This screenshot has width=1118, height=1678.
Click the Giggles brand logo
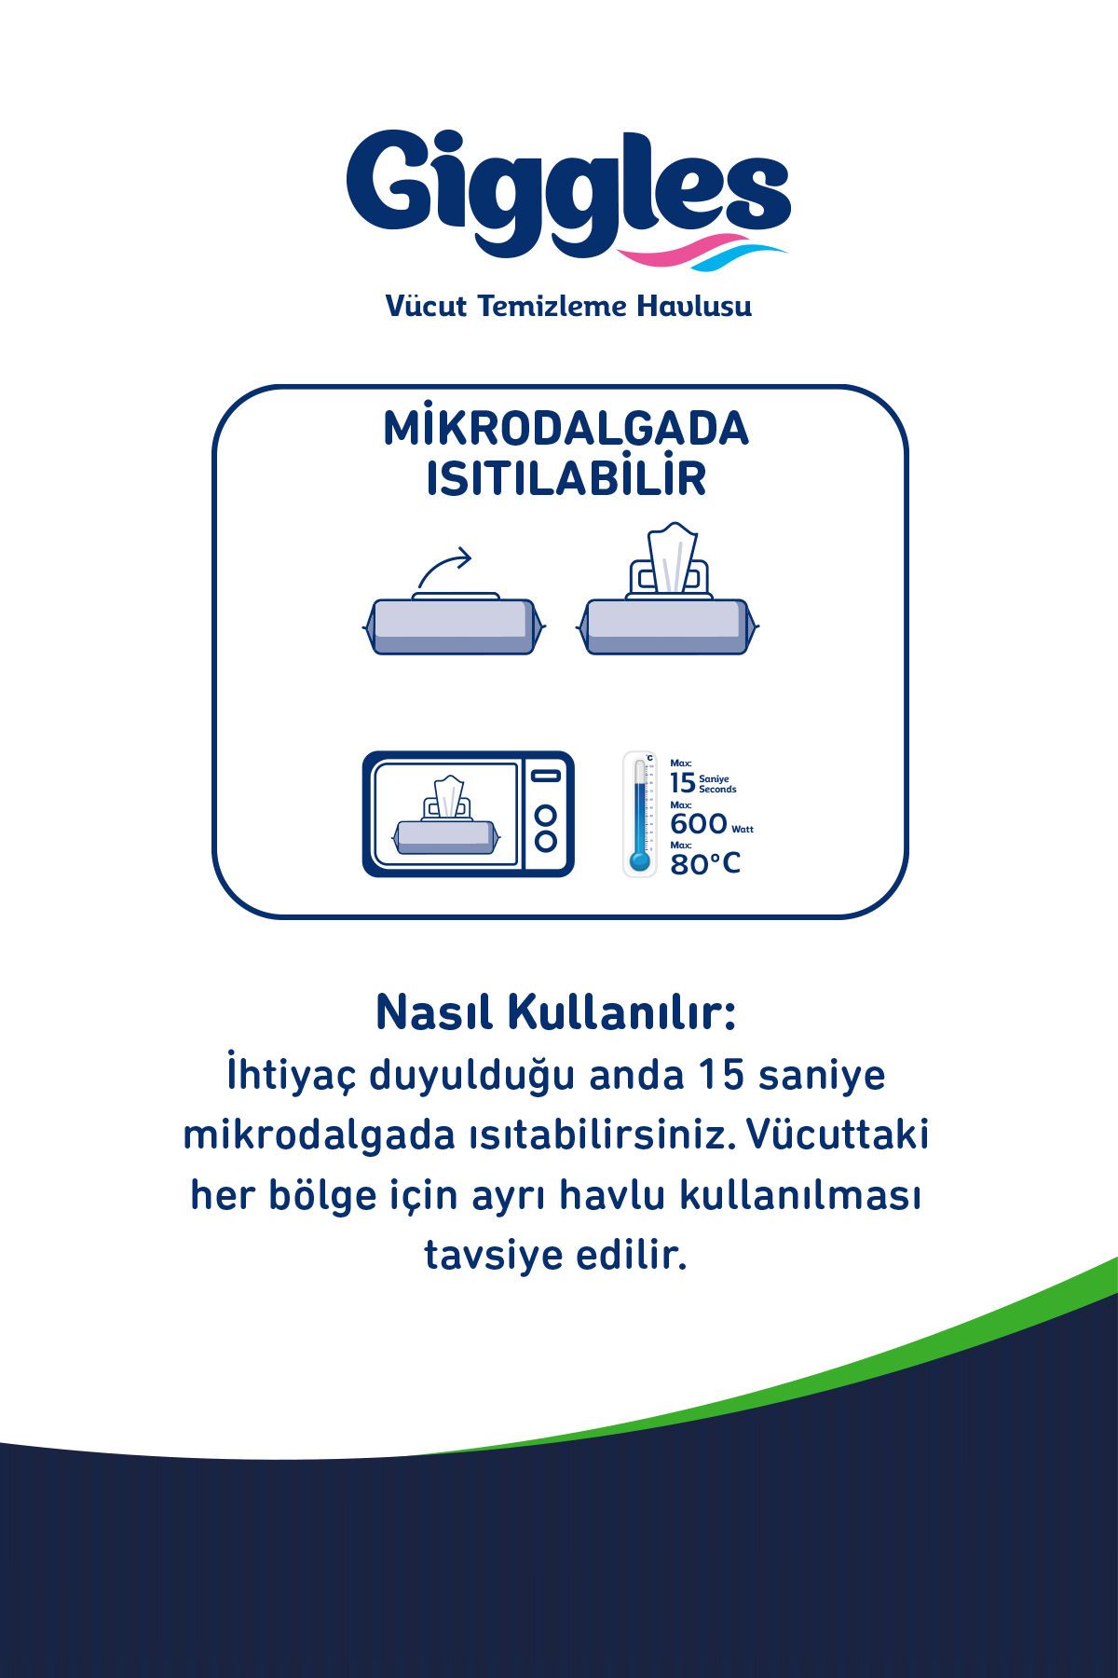click(568, 191)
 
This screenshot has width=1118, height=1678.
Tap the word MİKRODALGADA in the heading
click(566, 429)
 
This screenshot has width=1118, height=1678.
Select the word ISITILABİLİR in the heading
click(566, 479)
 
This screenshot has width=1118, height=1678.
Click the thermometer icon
click(639, 814)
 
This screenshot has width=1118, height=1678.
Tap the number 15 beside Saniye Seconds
click(682, 783)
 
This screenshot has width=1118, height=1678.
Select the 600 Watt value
click(710, 824)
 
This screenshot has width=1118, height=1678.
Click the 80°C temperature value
click(705, 864)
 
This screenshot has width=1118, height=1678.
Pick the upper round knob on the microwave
click(546, 816)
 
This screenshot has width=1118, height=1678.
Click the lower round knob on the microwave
click(546, 842)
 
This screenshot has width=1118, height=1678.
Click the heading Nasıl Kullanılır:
click(556, 1012)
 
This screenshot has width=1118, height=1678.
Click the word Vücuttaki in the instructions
click(838, 1135)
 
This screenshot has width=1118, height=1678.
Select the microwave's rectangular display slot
click(546, 776)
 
